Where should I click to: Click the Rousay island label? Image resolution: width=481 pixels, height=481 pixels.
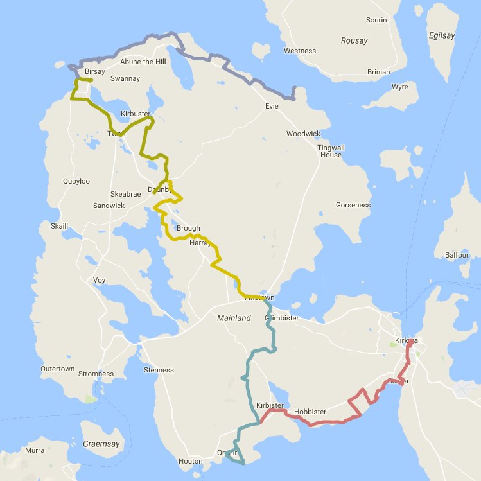[x=354, y=40]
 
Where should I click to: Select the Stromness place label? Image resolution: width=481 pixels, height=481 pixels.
[x=96, y=374]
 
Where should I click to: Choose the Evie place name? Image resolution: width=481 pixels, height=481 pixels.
[x=272, y=106]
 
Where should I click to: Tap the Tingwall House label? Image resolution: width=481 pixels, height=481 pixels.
[x=331, y=151]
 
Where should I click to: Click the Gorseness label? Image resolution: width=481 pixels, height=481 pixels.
[x=353, y=205]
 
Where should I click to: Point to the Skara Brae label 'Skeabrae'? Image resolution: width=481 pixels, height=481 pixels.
[x=125, y=194]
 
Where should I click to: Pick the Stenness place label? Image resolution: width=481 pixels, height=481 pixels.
[x=159, y=370]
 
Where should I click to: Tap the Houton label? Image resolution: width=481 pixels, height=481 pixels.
[x=191, y=461]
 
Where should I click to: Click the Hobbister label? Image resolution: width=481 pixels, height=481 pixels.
[x=310, y=412]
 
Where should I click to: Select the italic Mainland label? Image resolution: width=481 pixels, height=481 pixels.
[x=234, y=318]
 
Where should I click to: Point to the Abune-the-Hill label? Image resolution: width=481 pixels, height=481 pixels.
[x=143, y=62]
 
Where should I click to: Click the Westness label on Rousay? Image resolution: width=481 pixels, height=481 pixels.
[x=300, y=51]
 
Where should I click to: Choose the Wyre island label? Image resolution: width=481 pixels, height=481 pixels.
[x=399, y=86]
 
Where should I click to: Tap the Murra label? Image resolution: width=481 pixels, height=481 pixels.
[x=35, y=450]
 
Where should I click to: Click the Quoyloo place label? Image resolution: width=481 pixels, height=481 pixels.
[x=77, y=181]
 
